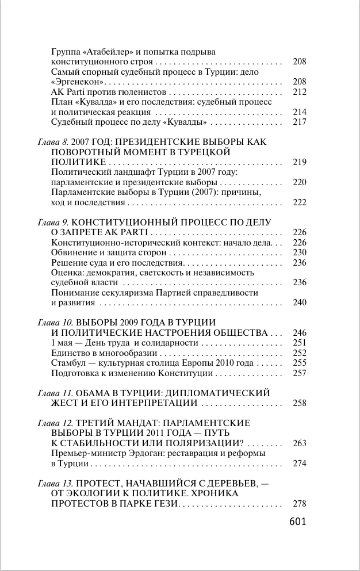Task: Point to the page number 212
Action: tap(299, 91)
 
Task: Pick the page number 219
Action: tap(299, 162)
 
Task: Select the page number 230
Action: tap(299, 252)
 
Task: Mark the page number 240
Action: tap(299, 302)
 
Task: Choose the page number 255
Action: tap(299, 363)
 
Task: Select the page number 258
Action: tap(299, 404)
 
